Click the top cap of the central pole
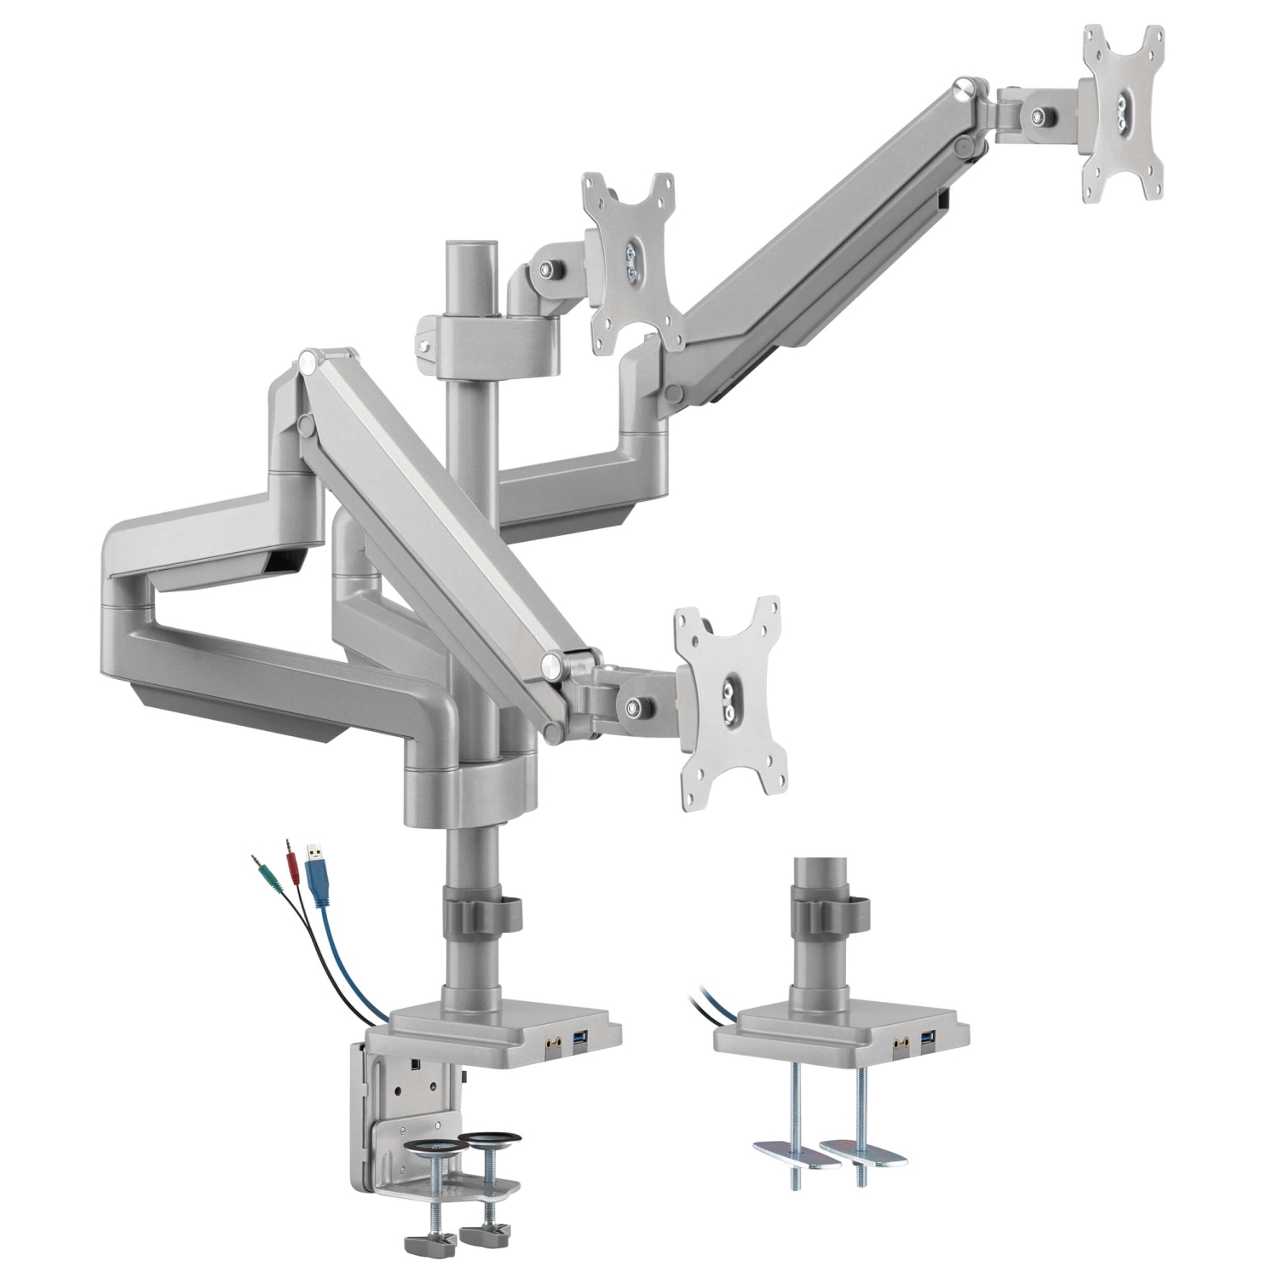469,247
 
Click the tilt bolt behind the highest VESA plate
1040,118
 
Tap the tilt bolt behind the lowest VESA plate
634,705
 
